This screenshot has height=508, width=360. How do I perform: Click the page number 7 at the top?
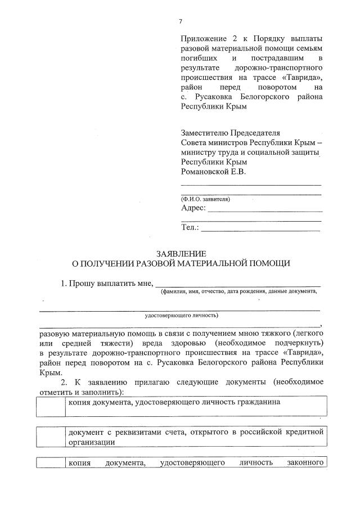(x=181, y=21)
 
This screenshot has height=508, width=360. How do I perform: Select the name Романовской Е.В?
(x=213, y=171)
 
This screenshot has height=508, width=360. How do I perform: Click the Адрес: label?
(x=193, y=208)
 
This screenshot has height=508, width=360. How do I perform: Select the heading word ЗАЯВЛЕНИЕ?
(x=181, y=253)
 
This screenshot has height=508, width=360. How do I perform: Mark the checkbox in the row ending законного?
(x=51, y=463)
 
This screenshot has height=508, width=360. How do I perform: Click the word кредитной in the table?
(x=304, y=432)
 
